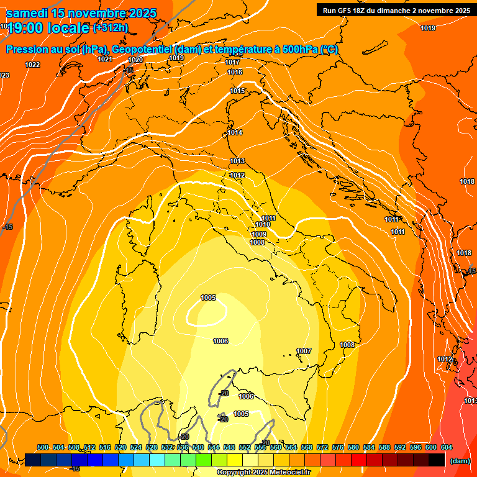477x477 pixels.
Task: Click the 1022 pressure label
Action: click(32, 65)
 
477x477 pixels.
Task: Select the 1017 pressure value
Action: click(233, 62)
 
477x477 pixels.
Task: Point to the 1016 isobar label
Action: click(235, 72)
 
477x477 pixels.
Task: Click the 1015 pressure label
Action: click(237, 91)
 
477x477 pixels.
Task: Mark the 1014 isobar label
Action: click(235, 132)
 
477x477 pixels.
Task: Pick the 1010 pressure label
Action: click(263, 224)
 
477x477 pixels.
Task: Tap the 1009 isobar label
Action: click(259, 234)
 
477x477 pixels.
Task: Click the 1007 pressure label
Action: click(304, 351)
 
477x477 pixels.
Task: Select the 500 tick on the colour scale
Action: click(43, 447)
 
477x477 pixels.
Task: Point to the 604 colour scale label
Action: click(447, 447)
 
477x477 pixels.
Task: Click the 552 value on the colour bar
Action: click(245, 447)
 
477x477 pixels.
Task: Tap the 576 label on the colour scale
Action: click(338, 447)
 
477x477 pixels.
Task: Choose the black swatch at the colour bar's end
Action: click(437, 460)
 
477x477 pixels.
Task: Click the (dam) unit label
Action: click(460, 461)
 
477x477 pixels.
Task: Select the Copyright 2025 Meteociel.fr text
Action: click(263, 472)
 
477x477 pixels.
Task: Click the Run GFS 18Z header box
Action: click(396, 10)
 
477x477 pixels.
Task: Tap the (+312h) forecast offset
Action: click(111, 27)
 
